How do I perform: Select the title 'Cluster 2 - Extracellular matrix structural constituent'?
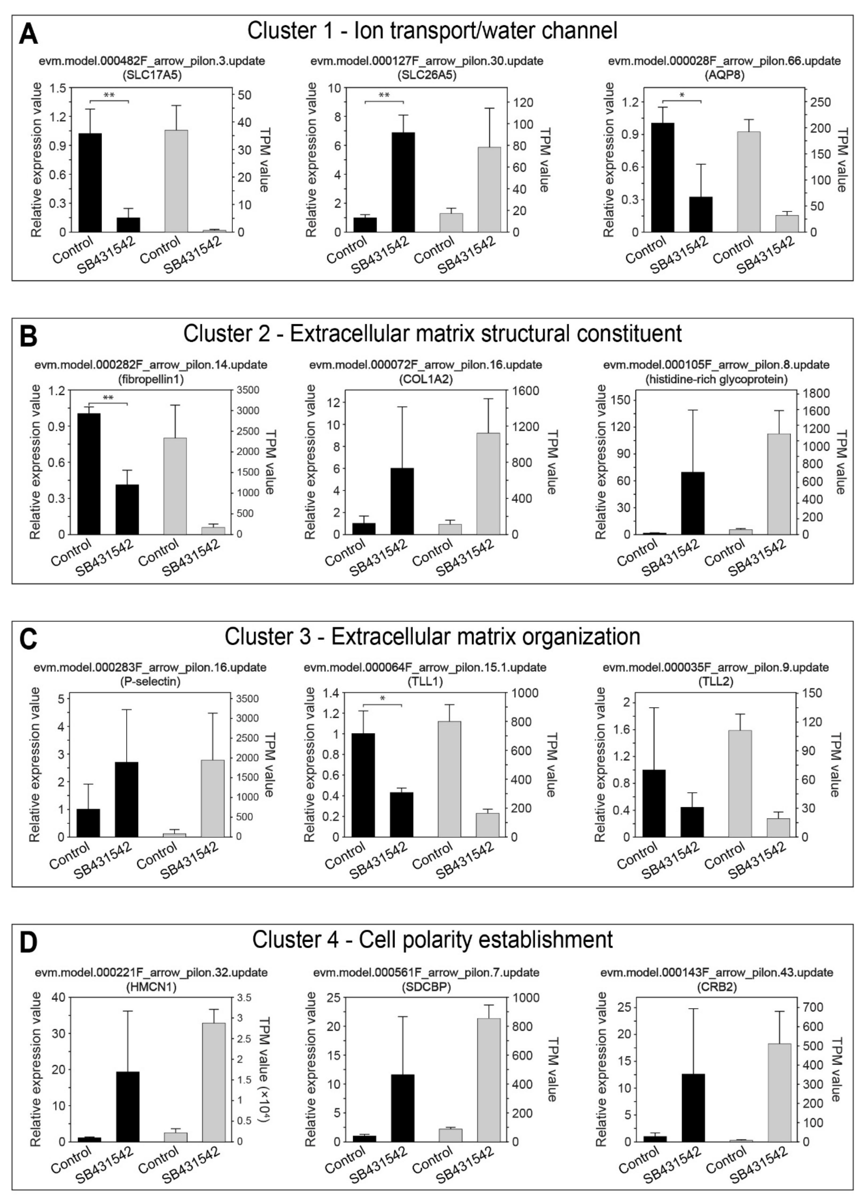432,334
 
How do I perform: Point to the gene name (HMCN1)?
151,987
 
